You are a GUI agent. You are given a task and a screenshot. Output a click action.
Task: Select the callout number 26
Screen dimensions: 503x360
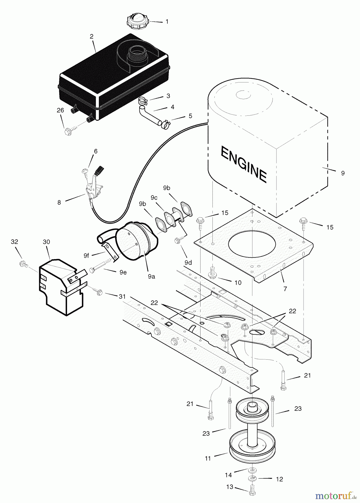60,110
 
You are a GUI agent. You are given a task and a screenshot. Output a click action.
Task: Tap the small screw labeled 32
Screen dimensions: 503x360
22,264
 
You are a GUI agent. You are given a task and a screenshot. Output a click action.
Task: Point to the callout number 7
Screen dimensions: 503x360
285,289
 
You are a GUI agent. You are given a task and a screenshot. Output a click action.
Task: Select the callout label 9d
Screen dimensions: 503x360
188,262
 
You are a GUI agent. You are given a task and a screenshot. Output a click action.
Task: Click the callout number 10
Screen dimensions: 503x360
238,283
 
